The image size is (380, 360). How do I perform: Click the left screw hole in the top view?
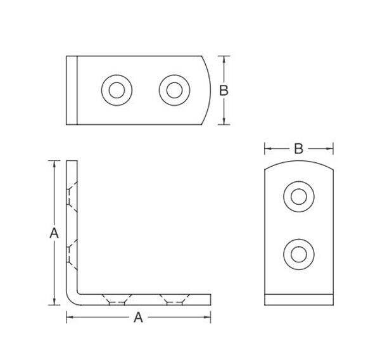pyautogui.click(x=117, y=90)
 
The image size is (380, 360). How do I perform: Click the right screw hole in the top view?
pyautogui.click(x=175, y=90)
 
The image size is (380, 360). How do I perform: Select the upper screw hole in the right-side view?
pyautogui.click(x=299, y=196)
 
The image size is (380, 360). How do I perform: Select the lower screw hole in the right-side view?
pyautogui.click(x=299, y=254)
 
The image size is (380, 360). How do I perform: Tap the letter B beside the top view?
pyautogui.click(x=224, y=90)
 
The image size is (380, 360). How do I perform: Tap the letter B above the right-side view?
pyautogui.click(x=298, y=149)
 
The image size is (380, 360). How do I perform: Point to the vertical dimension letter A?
pyautogui.click(x=54, y=233)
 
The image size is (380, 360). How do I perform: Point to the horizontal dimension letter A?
pyautogui.click(x=138, y=317)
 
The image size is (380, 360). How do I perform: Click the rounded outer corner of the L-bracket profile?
pyautogui.click(x=70, y=301)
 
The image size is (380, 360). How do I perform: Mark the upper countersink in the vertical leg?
pyautogui.click(x=72, y=196)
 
